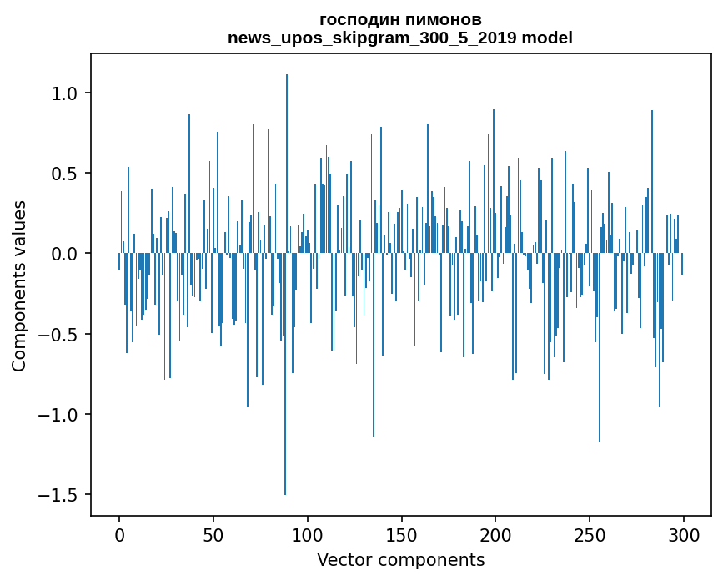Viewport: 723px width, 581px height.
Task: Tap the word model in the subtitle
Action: pyautogui.click(x=547, y=38)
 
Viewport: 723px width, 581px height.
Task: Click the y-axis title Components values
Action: pyautogui.click(x=19, y=285)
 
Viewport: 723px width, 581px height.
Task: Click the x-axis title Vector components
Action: pyautogui.click(x=400, y=559)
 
